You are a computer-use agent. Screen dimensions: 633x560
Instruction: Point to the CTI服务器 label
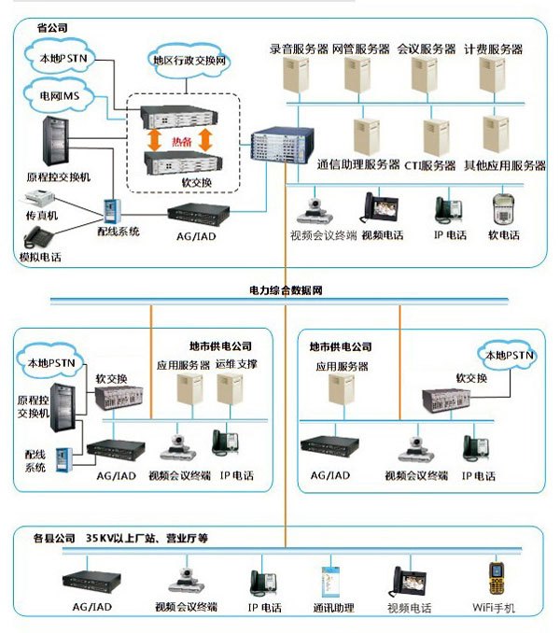pos(429,165)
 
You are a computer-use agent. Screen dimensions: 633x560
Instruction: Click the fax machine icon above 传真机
pos(35,199)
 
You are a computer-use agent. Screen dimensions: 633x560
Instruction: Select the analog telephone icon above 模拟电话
pos(36,236)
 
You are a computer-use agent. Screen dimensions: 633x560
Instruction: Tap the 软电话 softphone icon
pos(504,209)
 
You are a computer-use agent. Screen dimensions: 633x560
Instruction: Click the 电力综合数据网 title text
pos(286,290)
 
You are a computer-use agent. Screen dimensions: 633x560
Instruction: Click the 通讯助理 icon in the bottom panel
pos(328,580)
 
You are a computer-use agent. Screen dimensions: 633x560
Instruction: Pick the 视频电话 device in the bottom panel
pos(409,581)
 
